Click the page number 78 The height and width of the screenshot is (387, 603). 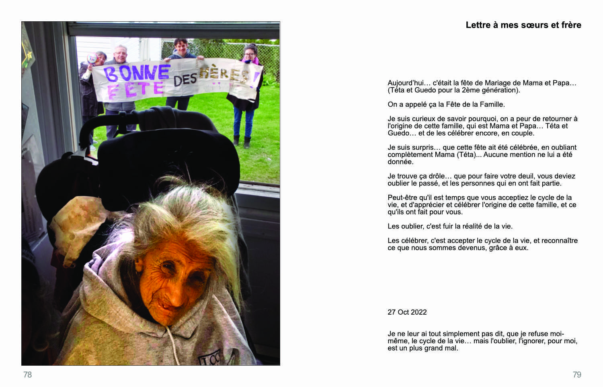(x=27, y=375)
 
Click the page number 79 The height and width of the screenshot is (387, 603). (x=577, y=375)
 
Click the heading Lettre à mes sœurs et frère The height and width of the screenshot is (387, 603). (x=523, y=25)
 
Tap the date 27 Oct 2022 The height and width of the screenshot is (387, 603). (x=407, y=312)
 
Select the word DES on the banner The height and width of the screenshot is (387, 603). (x=185, y=80)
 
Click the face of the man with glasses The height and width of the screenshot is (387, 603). (x=120, y=53)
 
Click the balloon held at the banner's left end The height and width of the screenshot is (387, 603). (x=92, y=58)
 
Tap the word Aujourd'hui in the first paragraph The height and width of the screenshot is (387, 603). (x=405, y=83)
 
